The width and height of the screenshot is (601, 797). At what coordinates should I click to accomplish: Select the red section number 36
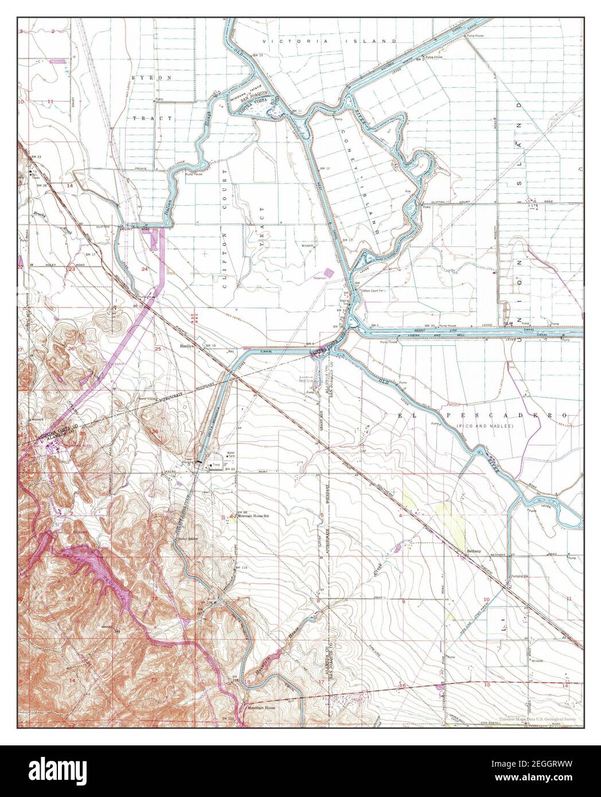point(155,432)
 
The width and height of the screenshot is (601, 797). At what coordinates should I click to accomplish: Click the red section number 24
point(145,268)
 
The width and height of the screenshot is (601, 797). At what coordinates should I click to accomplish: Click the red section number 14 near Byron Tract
point(70,187)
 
